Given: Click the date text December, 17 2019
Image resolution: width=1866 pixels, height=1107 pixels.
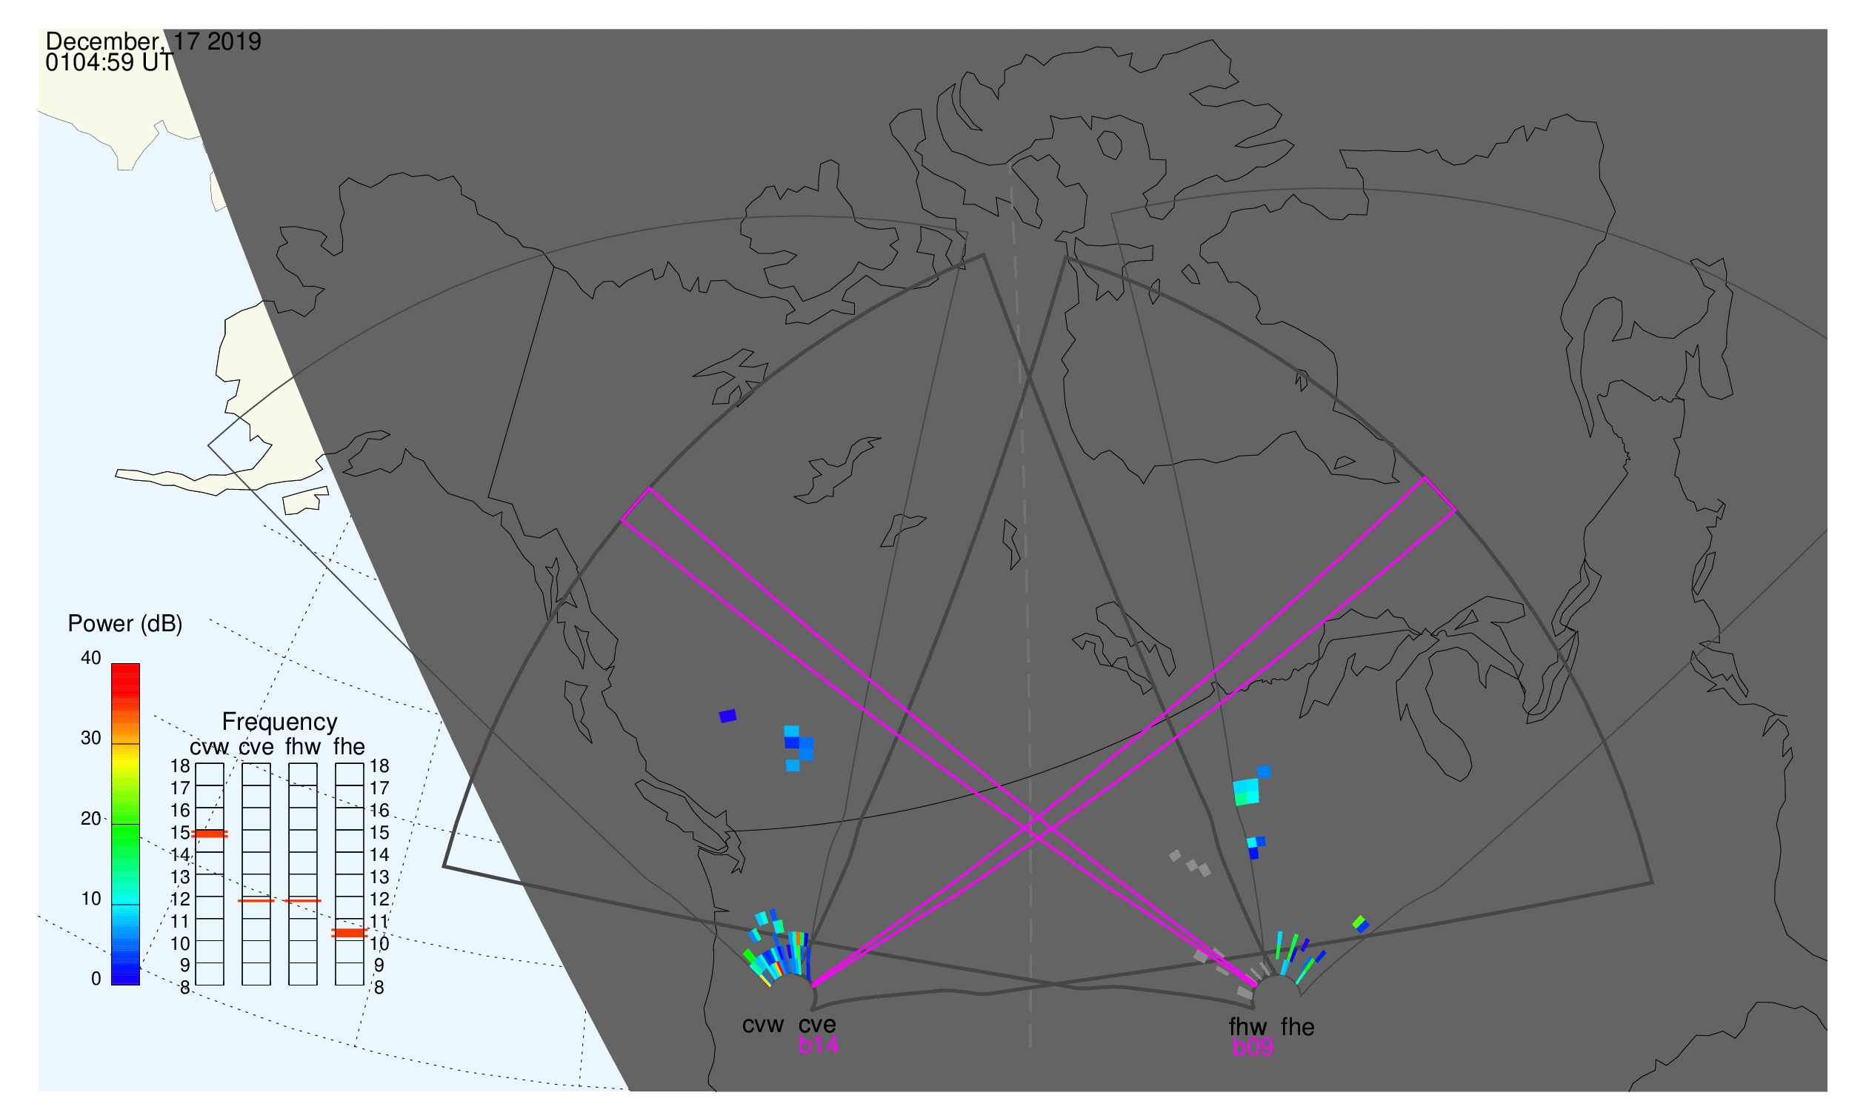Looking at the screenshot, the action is [x=153, y=41].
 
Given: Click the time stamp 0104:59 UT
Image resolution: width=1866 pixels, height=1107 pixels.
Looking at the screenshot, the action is [x=109, y=63].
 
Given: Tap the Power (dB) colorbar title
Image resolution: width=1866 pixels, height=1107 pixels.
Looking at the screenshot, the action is [x=125, y=624].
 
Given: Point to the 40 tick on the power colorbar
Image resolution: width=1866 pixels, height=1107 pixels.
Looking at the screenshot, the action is [x=91, y=658].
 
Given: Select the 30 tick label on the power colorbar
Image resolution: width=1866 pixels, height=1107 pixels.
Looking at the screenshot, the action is [x=91, y=739].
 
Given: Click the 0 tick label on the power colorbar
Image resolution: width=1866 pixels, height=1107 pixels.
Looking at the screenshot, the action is [x=96, y=980].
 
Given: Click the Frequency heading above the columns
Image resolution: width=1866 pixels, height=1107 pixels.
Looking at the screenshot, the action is [x=280, y=722].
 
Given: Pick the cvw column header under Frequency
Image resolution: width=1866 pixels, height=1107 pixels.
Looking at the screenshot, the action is [x=210, y=748].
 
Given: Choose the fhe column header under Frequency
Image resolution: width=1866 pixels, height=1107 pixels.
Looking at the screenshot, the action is [x=349, y=747].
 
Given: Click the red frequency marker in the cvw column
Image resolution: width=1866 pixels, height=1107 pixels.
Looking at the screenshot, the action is [x=210, y=834].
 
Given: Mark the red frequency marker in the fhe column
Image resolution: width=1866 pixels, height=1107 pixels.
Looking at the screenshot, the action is [x=349, y=933].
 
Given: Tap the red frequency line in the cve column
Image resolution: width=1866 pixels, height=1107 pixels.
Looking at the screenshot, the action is [x=256, y=901].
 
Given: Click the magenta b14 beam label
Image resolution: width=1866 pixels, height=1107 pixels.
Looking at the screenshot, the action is [x=818, y=1045].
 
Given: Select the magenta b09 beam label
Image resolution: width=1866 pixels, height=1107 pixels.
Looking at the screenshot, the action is [x=1252, y=1048].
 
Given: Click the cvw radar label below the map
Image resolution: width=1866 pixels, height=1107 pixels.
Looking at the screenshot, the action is [x=762, y=1025].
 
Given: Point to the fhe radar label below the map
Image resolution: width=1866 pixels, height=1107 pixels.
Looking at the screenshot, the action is [x=1298, y=1027].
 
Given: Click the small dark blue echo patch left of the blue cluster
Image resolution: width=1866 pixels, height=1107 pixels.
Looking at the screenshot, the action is [x=728, y=716].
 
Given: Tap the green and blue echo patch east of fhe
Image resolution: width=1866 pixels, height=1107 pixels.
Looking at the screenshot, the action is [x=1360, y=924].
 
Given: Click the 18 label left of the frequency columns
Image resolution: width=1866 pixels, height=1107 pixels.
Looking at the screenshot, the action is [x=181, y=766].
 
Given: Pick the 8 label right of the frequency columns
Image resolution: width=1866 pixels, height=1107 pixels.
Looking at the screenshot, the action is [x=379, y=988].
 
